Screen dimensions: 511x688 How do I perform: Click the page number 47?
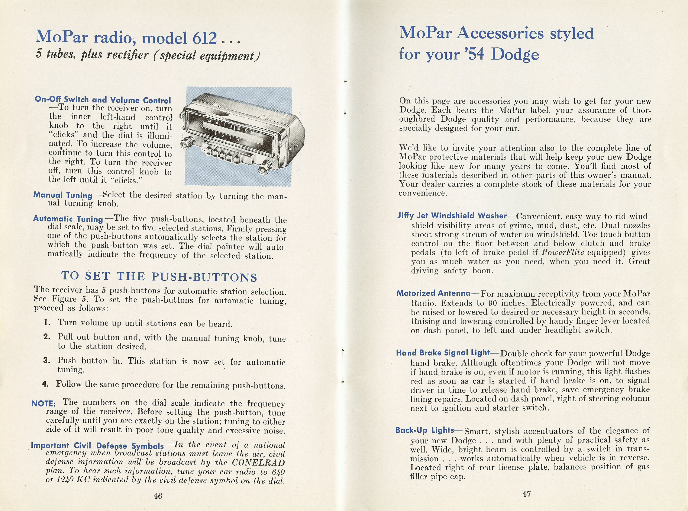tap(526, 494)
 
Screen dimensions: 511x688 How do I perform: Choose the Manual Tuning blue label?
tap(63, 195)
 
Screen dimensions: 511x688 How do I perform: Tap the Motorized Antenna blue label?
tap(433, 293)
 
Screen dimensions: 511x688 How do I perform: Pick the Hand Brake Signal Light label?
tap(443, 353)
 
